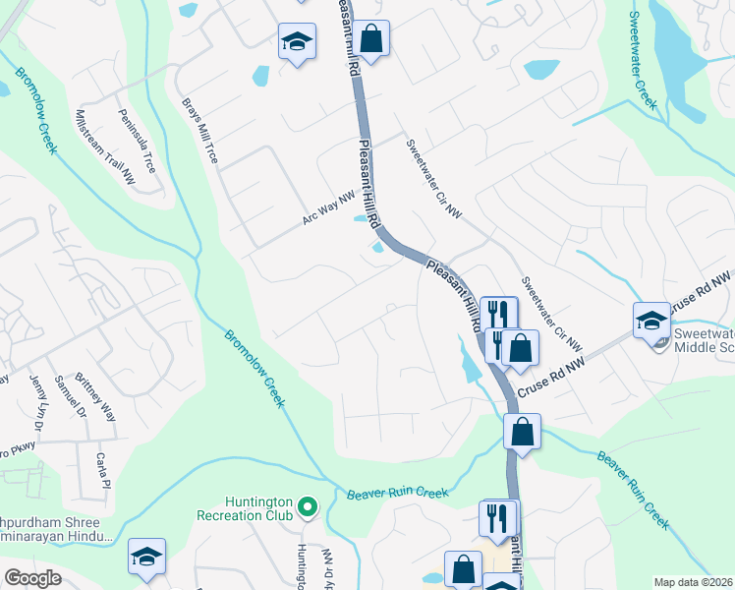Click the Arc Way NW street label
pyautogui.click(x=327, y=207)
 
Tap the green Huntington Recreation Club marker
pyautogui.click(x=309, y=507)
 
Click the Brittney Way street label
pyautogui.click(x=102, y=398)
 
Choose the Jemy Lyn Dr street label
pyautogui.click(x=38, y=403)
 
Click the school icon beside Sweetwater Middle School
pyautogui.click(x=651, y=321)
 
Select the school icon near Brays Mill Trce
pyautogui.click(x=297, y=42)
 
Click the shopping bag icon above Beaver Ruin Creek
pyautogui.click(x=523, y=431)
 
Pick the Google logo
pyautogui.click(x=32, y=578)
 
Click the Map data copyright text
pyautogui.click(x=693, y=582)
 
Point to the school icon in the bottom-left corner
pyautogui.click(x=146, y=557)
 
